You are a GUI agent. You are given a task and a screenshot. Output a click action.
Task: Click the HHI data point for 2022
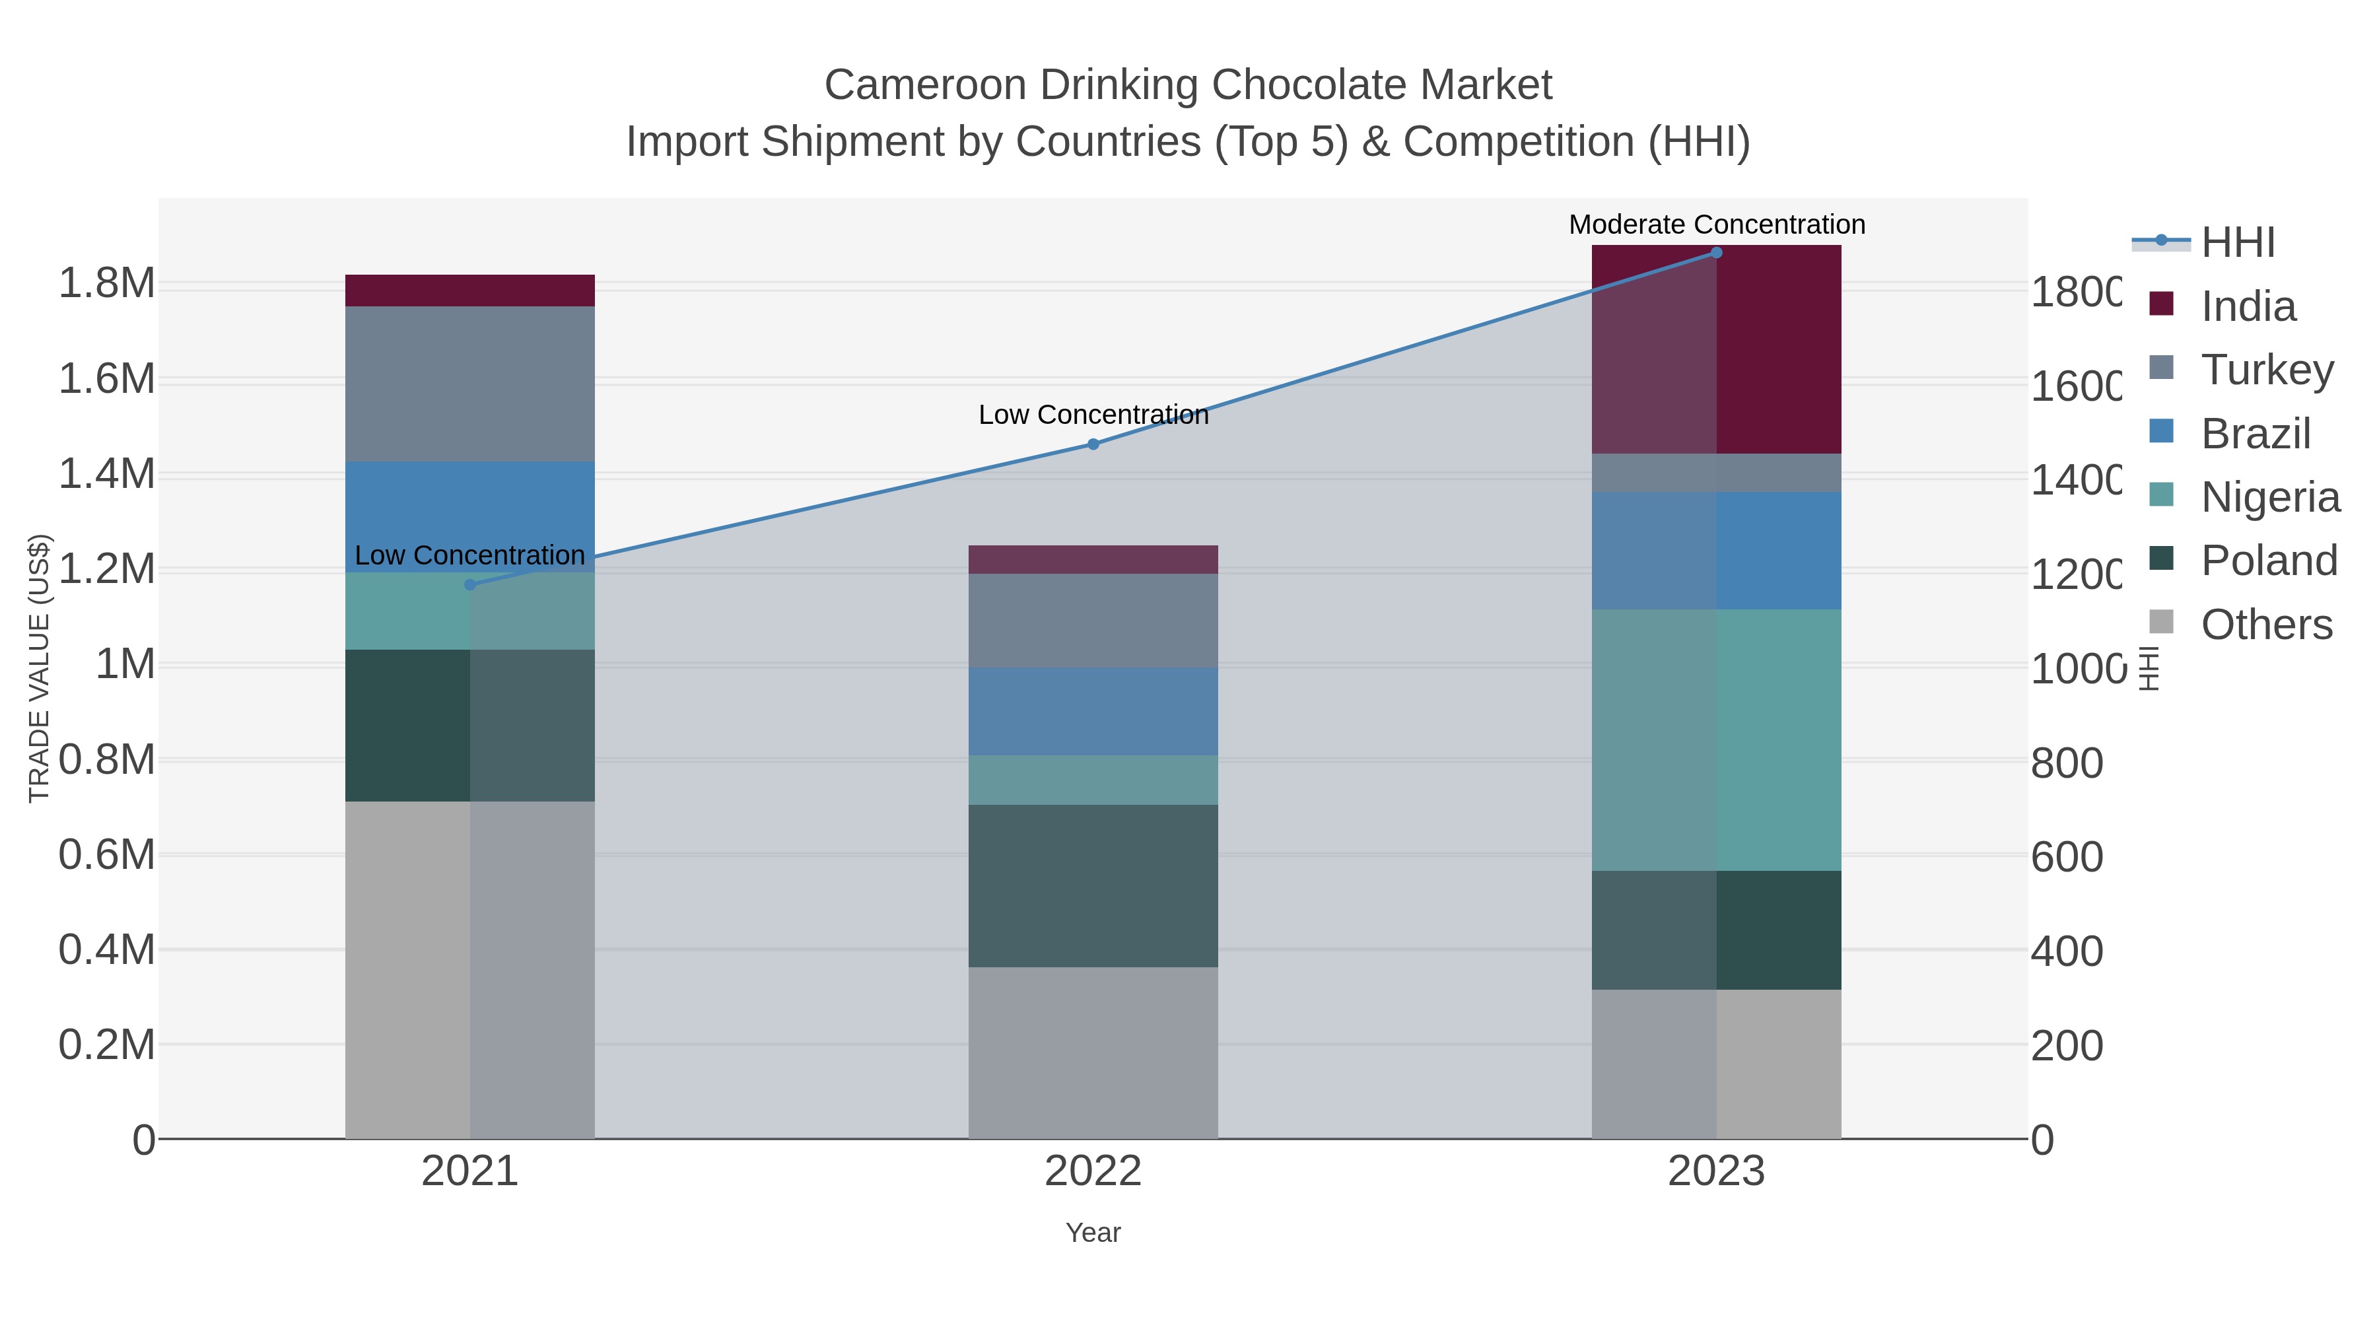[x=1093, y=444]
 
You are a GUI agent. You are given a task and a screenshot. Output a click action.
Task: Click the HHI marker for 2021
[x=469, y=584]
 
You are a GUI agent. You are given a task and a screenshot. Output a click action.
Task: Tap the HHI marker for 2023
[x=1716, y=252]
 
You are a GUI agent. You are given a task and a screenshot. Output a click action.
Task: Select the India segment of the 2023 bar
[x=1716, y=351]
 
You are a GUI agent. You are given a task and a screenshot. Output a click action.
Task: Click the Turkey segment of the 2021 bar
[x=469, y=383]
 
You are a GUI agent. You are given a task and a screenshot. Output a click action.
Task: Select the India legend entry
[x=2248, y=306]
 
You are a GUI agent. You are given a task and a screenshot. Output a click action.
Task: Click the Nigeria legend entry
[x=2270, y=497]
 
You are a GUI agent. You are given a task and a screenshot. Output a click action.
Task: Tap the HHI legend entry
[x=2238, y=243]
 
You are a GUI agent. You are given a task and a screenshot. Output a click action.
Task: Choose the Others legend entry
[x=2266, y=625]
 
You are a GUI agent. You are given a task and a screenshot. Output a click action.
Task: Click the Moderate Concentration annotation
[x=1716, y=224]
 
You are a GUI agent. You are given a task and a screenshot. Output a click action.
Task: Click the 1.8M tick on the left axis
[x=107, y=283]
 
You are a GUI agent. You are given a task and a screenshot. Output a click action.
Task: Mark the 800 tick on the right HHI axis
[x=2067, y=763]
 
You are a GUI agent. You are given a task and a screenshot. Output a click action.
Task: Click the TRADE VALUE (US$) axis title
[x=39, y=668]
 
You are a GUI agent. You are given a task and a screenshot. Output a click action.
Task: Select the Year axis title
[x=1093, y=1233]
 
